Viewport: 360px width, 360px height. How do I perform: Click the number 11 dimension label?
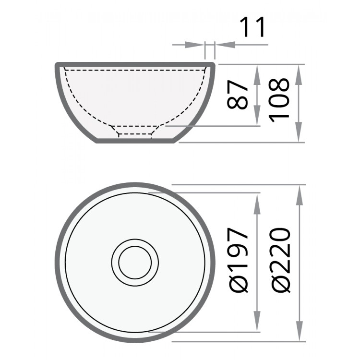coord(252,27)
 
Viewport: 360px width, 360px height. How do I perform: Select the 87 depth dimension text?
coord(239,95)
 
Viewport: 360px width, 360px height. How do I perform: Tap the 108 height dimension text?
coord(280,99)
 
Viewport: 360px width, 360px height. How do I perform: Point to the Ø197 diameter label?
coord(239,261)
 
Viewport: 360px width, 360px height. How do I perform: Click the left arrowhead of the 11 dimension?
coord(197,45)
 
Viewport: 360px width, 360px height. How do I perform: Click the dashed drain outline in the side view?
coord(135,132)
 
